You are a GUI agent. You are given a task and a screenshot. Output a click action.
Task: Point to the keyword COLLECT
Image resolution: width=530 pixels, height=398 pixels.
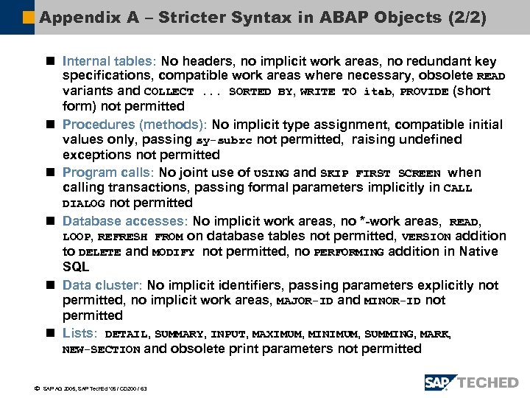(x=169, y=92)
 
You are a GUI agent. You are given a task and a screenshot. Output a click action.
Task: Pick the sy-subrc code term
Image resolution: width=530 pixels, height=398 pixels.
(x=225, y=140)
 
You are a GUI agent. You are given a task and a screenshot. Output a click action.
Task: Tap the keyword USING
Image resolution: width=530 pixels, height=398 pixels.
(x=271, y=173)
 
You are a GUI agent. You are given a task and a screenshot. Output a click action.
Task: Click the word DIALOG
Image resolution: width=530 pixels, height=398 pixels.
(x=83, y=203)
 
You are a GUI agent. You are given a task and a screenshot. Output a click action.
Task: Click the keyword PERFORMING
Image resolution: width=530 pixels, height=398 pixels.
(x=348, y=252)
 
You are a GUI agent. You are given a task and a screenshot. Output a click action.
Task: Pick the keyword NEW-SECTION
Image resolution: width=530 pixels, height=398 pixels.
(x=101, y=350)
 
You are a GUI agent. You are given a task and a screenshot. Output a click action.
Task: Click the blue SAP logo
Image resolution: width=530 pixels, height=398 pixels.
(x=439, y=383)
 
